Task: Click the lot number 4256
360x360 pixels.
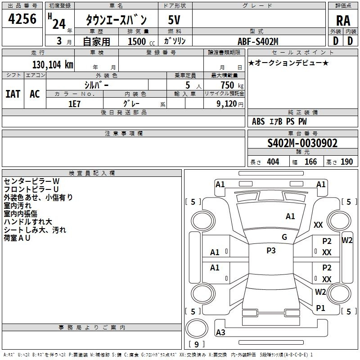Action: point(22,19)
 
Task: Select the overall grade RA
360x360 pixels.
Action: point(343,21)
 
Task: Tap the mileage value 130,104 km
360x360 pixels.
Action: point(53,65)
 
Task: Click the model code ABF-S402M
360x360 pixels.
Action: point(258,41)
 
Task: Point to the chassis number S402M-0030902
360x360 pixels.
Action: point(302,143)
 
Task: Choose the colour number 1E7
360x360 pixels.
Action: point(74,104)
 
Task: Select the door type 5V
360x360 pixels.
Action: point(174,20)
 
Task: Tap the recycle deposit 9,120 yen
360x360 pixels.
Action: point(230,104)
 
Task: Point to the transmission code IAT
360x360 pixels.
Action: point(13,94)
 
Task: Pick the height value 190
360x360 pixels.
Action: point(346,162)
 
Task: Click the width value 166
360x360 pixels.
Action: point(310,162)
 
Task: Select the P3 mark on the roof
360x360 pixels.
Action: point(271,251)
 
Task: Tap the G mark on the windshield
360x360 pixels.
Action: point(284,237)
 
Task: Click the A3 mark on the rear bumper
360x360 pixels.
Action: point(220,332)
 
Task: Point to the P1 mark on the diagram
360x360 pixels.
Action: point(320,308)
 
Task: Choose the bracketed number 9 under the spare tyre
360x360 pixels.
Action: point(196,344)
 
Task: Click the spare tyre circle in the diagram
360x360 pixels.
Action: point(197,328)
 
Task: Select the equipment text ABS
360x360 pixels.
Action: point(258,121)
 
